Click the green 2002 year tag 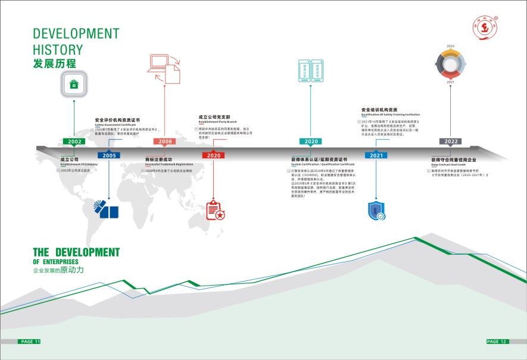(x=74, y=142)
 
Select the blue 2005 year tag (x=109, y=155)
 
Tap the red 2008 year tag (x=165, y=142)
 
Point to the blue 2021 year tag (x=376, y=155)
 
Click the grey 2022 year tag (x=450, y=142)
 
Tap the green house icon (x=74, y=84)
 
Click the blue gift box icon (x=107, y=209)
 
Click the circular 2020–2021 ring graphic (x=451, y=63)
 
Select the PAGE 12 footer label (x=496, y=342)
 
